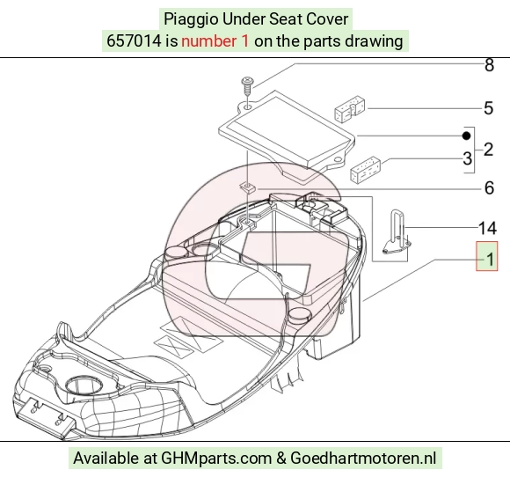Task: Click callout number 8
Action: (x=489, y=65)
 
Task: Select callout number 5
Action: (x=489, y=108)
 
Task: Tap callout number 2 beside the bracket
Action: (x=488, y=150)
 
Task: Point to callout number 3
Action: (x=468, y=158)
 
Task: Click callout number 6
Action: (x=489, y=187)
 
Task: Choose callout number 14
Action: (x=487, y=228)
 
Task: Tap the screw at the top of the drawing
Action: (x=247, y=85)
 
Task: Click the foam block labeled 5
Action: (x=350, y=109)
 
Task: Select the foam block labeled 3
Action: (x=365, y=170)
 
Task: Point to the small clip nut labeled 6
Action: (x=248, y=187)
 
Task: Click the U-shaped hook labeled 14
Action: (x=397, y=231)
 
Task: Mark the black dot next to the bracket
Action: (x=466, y=136)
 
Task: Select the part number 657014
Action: (x=134, y=41)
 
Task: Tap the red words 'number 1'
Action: (x=215, y=41)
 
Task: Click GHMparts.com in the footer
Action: (x=216, y=459)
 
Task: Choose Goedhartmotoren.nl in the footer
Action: (x=363, y=459)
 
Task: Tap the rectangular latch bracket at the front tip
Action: (x=47, y=418)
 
